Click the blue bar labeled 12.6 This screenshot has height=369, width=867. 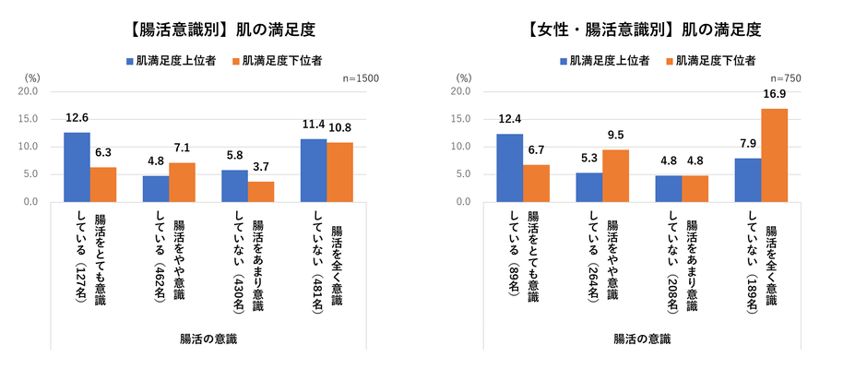coord(77,167)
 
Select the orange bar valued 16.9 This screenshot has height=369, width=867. coord(774,155)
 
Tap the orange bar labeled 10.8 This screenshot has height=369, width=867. coord(339,172)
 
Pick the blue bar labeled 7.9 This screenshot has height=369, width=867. coord(747,180)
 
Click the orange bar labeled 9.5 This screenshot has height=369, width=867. coord(615,175)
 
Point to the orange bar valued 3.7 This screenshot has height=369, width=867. coord(261,191)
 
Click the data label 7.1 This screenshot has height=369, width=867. coord(182,149)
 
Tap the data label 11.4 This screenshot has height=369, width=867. coord(313,125)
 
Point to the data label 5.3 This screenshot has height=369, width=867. coord(588,159)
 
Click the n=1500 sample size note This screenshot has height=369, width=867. coord(360,79)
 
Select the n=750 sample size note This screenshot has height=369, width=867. coord(784,79)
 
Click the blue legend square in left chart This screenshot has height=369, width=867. coord(130,61)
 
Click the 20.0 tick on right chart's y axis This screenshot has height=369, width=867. coord(460,91)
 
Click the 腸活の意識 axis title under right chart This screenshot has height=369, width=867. coord(642,339)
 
